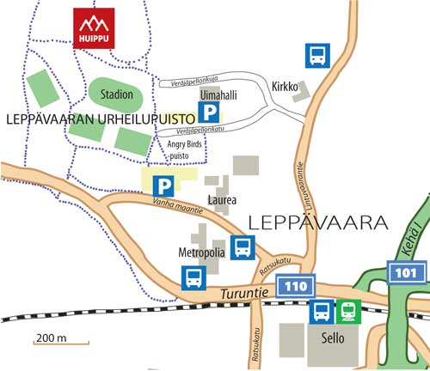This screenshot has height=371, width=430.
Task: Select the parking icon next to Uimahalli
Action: coord(209,112)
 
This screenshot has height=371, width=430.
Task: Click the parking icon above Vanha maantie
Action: coord(162,185)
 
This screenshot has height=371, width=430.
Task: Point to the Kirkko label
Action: coord(284,87)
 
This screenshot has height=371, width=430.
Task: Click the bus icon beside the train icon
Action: coord(322,311)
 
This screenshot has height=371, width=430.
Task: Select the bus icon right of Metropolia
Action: coord(243,248)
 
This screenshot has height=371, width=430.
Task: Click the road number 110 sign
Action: coord(295,285)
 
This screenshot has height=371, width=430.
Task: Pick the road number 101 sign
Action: coord(407,272)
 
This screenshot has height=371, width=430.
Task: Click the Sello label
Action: coord(332,338)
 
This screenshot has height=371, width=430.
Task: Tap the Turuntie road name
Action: coord(238,294)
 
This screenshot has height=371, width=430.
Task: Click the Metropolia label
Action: coord(202,253)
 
